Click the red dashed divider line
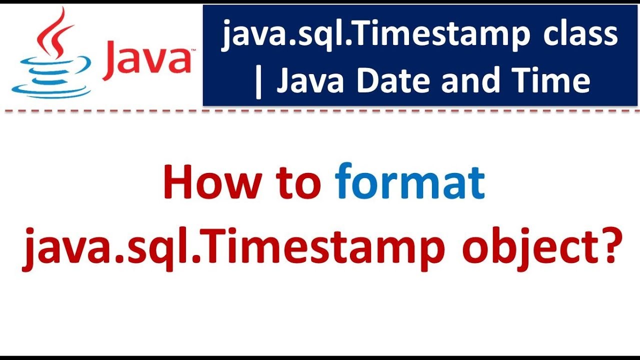320,111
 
